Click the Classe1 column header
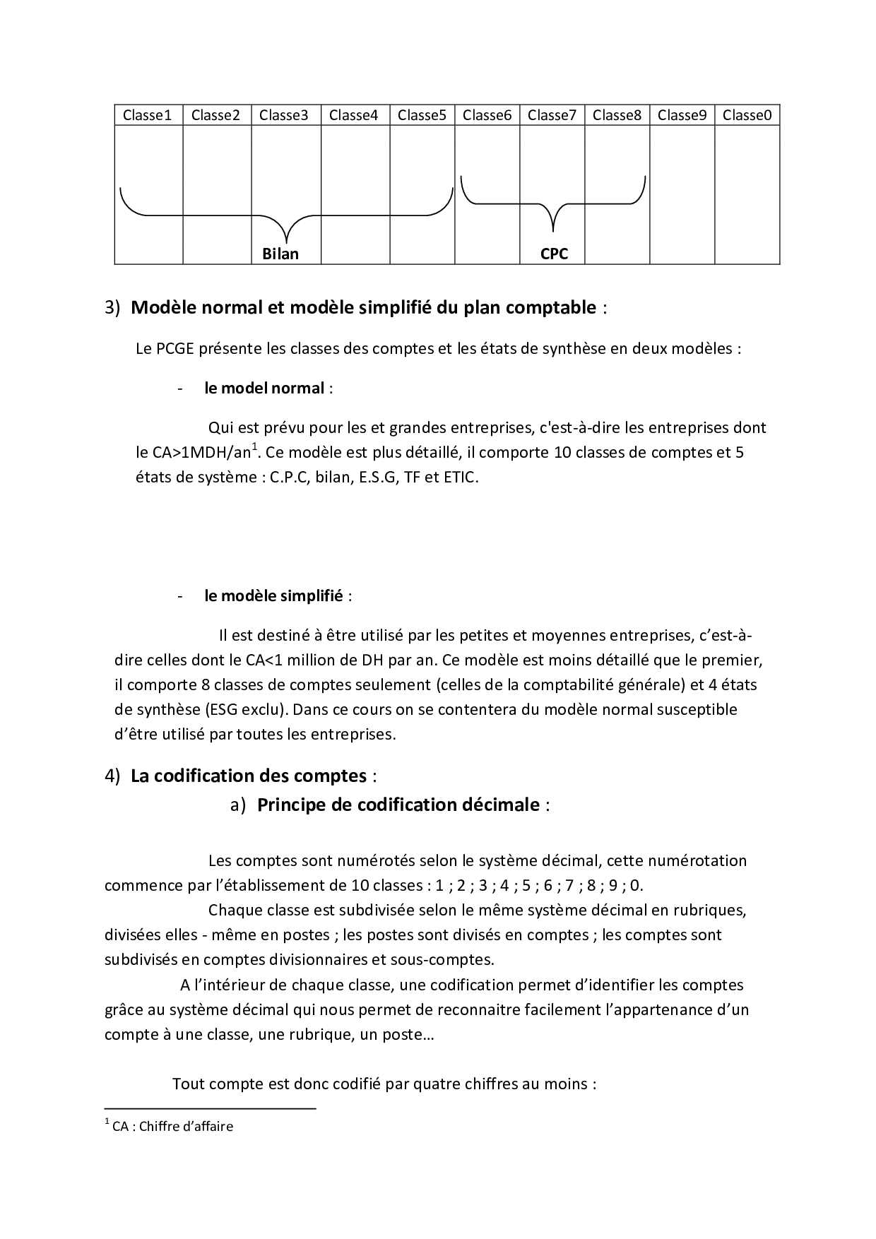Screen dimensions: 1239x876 [x=148, y=115]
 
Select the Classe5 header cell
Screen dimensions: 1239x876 [x=422, y=115]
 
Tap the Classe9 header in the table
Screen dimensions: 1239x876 [x=682, y=115]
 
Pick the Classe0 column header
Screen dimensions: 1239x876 [x=747, y=115]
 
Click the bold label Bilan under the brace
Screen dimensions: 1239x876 [x=280, y=254]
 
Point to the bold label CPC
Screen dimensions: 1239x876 [x=554, y=254]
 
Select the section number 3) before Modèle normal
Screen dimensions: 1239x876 [x=113, y=308]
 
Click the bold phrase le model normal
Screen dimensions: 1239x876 [x=264, y=389]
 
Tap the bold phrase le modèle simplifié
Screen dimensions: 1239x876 [x=273, y=596]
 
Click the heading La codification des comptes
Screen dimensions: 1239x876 [x=248, y=776]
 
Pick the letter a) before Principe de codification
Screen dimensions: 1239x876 [x=237, y=805]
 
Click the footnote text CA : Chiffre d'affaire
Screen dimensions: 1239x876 [x=172, y=1127]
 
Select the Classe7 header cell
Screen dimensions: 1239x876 [x=552, y=115]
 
